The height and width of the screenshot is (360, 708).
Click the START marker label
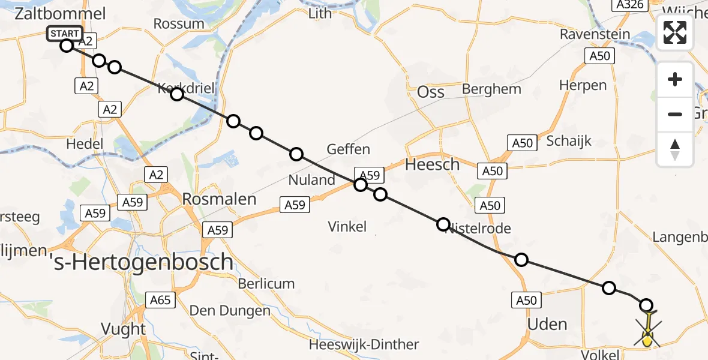pyautogui.click(x=65, y=34)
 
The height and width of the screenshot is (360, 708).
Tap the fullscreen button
pyautogui.click(x=675, y=32)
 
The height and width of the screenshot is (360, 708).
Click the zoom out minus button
pyautogui.click(x=675, y=114)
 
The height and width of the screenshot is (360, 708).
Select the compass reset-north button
pyautogui.click(x=675, y=149)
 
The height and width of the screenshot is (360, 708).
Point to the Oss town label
pyautogui.click(x=431, y=91)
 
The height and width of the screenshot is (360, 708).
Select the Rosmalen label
pyautogui.click(x=219, y=199)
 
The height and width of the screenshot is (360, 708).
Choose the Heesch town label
pyautogui.click(x=432, y=164)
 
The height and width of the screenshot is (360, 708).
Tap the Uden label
pyautogui.click(x=547, y=325)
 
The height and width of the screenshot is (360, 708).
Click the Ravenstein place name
pyautogui.click(x=595, y=34)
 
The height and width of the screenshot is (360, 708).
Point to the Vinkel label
pyautogui.click(x=347, y=226)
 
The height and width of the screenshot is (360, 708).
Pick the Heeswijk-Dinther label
pyautogui.click(x=364, y=345)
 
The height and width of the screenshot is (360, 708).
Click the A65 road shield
pyautogui.click(x=160, y=300)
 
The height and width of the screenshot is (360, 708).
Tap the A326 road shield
pyautogui.click(x=628, y=5)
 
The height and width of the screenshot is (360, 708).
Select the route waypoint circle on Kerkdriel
pyautogui.click(x=176, y=94)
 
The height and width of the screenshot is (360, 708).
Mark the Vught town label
pyautogui.click(x=124, y=329)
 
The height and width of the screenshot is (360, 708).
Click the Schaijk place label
pyautogui.click(x=569, y=141)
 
